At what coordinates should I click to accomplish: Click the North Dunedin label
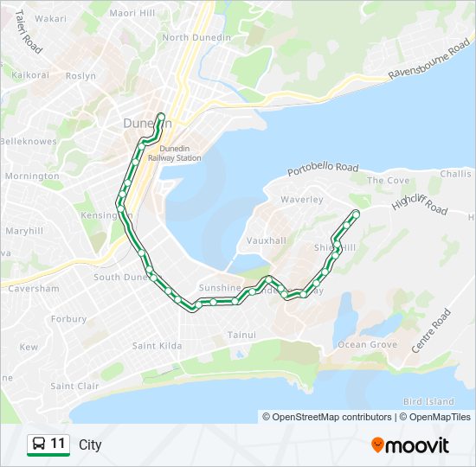[196, 37]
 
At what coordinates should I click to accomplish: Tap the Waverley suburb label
[302, 200]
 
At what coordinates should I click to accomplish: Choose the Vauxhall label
[266, 240]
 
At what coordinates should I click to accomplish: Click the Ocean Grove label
[367, 345]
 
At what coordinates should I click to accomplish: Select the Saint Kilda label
[157, 346]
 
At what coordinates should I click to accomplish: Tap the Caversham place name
[33, 289]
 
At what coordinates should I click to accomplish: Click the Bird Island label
[428, 401]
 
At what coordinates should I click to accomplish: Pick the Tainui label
[241, 334]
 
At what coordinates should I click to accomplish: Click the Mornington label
[32, 176]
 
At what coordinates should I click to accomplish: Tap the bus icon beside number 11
[38, 445]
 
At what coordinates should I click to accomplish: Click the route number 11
[58, 445]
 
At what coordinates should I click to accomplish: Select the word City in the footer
[90, 445]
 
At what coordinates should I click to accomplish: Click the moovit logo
[410, 445]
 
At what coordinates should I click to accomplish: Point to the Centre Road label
[432, 331]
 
